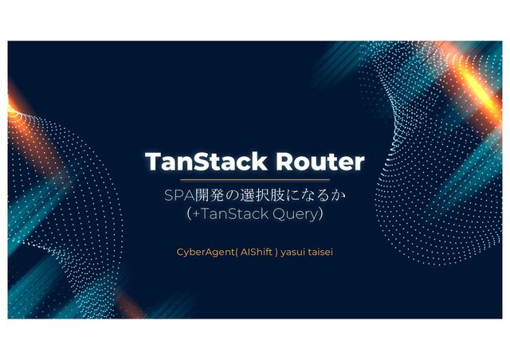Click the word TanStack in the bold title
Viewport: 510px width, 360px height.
coord(205,162)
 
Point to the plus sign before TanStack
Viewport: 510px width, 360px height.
coord(195,213)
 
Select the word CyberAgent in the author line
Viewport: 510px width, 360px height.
coord(204,252)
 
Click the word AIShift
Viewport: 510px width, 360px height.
coord(256,252)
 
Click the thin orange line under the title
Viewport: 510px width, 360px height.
coord(255,182)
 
